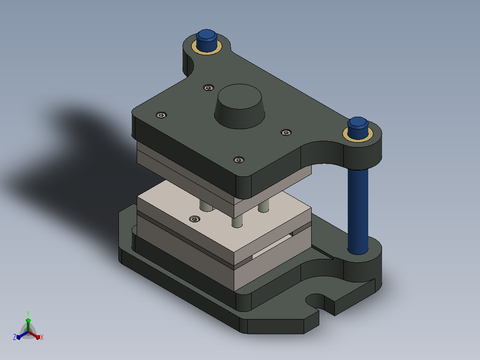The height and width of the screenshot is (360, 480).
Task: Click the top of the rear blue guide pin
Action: click(x=207, y=35)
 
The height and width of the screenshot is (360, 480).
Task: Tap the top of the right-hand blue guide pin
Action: click(x=358, y=122)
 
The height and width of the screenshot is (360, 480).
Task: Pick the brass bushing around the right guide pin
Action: click(x=358, y=135)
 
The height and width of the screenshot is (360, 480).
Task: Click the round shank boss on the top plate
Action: click(x=240, y=106)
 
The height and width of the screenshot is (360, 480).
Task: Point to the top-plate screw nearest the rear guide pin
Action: click(x=208, y=88)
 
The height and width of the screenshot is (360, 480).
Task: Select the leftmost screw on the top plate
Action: click(x=161, y=115)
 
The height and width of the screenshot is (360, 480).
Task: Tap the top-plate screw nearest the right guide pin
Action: click(x=286, y=133)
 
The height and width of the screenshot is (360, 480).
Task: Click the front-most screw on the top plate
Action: click(x=239, y=160)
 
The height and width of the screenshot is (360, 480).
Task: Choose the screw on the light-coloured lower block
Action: click(x=195, y=219)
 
